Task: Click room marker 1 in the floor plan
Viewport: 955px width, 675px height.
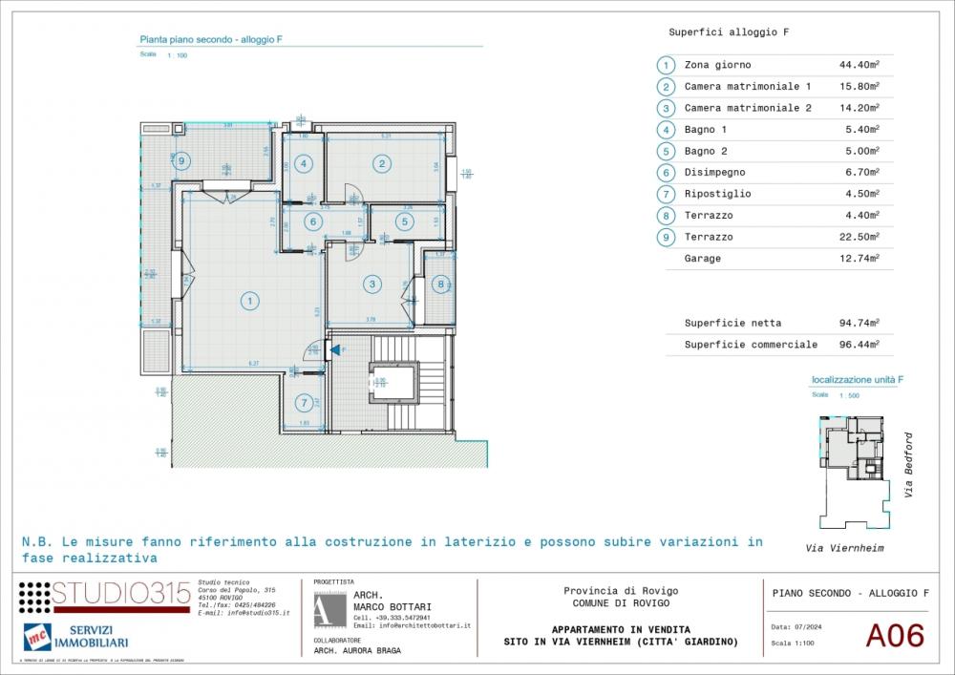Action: [248, 302]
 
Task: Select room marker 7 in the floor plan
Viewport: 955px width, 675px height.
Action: [304, 402]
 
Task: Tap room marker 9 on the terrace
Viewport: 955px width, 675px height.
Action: [181, 160]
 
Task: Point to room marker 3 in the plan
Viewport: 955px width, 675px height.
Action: [371, 283]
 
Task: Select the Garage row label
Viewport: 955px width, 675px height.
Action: [703, 259]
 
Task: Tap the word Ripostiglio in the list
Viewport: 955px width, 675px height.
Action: [717, 194]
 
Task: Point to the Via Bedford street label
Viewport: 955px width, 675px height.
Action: [909, 465]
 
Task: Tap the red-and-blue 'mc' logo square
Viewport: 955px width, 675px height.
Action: [36, 636]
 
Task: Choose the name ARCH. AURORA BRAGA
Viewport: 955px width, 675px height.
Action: [357, 650]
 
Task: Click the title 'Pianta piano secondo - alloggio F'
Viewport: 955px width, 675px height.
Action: [211, 40]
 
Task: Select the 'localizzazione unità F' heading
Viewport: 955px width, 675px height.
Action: [857, 379]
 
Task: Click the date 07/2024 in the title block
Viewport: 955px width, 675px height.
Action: [805, 626]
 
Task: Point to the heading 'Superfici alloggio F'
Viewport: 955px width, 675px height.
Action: [729, 32]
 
